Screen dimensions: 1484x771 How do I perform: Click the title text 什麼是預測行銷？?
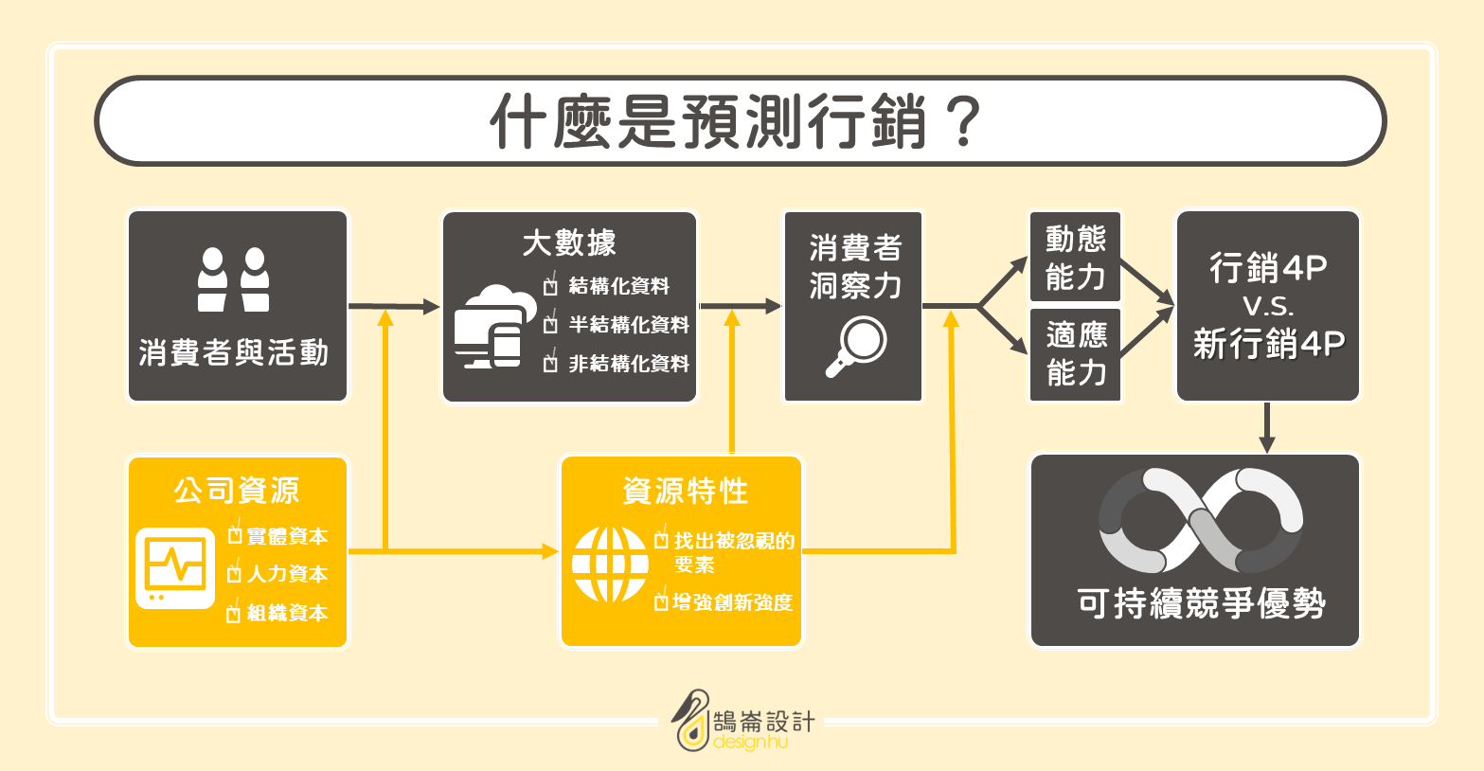(x=736, y=121)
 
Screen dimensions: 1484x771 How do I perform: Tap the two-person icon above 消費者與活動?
(x=233, y=278)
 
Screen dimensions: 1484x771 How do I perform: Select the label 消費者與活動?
(x=234, y=352)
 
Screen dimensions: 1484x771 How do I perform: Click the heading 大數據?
(x=569, y=242)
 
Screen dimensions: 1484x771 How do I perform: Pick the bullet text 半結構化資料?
(x=629, y=325)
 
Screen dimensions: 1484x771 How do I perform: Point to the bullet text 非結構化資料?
(x=629, y=364)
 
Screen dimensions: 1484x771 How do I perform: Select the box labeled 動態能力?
(x=1075, y=257)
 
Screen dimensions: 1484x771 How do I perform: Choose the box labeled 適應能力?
(x=1075, y=354)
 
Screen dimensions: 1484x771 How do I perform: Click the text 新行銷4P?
(x=1269, y=344)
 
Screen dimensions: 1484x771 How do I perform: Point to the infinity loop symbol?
(x=1201, y=521)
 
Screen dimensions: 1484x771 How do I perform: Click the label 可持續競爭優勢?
(x=1201, y=602)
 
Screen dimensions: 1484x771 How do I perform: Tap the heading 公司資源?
(x=237, y=491)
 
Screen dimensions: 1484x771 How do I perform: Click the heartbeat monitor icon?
(x=175, y=568)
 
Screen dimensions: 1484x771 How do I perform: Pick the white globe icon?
(x=610, y=565)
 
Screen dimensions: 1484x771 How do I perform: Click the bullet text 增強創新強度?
(x=732, y=602)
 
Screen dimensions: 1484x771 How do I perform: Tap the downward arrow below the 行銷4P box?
(x=1267, y=428)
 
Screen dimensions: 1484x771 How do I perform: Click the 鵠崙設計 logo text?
(x=764, y=722)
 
